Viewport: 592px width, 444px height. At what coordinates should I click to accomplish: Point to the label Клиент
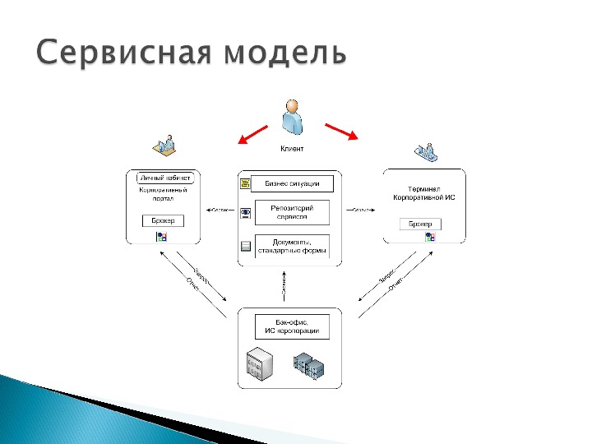[x=292, y=149]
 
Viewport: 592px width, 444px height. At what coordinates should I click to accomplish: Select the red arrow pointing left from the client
[x=252, y=133]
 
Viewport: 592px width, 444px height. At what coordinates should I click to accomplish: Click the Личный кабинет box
[x=164, y=178]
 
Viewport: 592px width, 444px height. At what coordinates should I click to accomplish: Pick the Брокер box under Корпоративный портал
[x=163, y=220]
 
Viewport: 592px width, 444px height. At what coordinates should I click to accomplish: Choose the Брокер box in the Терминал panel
[x=420, y=224]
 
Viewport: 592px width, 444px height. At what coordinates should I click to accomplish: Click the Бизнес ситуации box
[x=292, y=183]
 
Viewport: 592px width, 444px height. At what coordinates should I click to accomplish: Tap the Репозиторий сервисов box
[x=292, y=212]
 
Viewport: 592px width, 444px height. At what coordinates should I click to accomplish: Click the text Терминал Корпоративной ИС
[x=423, y=192]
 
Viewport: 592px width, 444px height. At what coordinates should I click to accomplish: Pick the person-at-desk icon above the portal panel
[x=164, y=146]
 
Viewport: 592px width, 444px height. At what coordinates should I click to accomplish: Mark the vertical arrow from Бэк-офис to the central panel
[x=283, y=287]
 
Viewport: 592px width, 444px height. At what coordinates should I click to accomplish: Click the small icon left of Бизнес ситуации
[x=245, y=184]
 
